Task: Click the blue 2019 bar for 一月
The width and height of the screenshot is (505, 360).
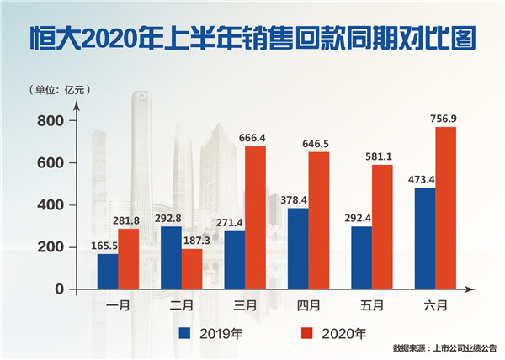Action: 107,270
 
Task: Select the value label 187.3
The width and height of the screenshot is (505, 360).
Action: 193,238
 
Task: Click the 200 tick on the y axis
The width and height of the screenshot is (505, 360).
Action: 52,246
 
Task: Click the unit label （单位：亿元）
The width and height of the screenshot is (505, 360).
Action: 60,89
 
